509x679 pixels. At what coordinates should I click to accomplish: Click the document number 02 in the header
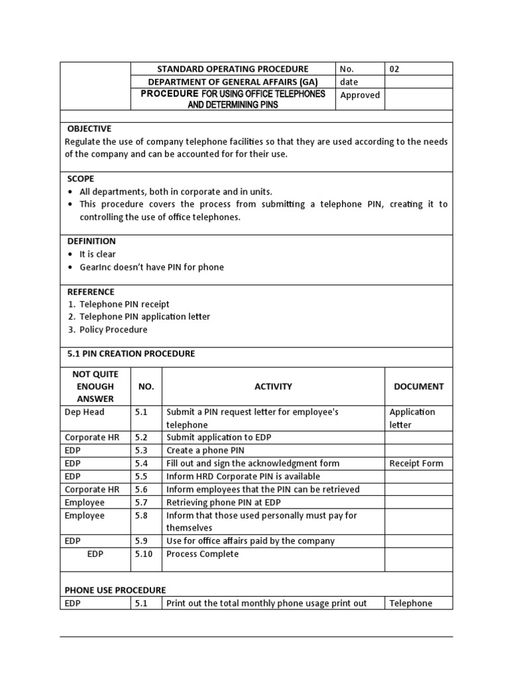pyautogui.click(x=394, y=69)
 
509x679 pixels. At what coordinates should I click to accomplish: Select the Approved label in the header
pyautogui.click(x=360, y=95)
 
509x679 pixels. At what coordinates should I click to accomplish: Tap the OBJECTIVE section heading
pyautogui.click(x=89, y=129)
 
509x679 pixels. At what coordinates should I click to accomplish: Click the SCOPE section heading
pyautogui.click(x=80, y=178)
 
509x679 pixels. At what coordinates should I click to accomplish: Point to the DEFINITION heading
pyautogui.click(x=91, y=241)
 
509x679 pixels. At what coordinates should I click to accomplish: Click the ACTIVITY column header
pyautogui.click(x=273, y=387)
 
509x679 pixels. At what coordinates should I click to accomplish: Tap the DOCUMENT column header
pyautogui.click(x=418, y=387)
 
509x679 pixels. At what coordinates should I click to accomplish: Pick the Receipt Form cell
pyautogui.click(x=416, y=463)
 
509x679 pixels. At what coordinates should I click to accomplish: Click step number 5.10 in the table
pyautogui.click(x=144, y=554)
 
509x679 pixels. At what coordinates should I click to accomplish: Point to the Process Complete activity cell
pyautogui.click(x=202, y=554)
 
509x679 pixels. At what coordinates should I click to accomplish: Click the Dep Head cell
pyautogui.click(x=84, y=412)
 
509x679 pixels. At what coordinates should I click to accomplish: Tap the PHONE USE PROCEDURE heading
pyautogui.click(x=115, y=590)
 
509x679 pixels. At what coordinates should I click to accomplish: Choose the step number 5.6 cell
pyautogui.click(x=141, y=489)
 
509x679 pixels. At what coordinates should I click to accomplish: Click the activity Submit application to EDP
pyautogui.click(x=219, y=438)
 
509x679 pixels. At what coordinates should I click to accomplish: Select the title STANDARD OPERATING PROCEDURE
pyautogui.click(x=233, y=69)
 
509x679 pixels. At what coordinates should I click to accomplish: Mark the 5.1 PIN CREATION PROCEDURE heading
pyautogui.click(x=131, y=353)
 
